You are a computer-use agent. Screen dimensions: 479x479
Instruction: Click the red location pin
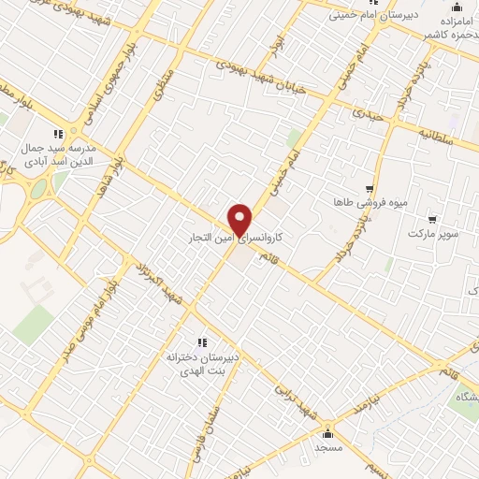tap(240, 219)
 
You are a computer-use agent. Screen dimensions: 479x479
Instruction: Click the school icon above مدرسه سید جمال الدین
tap(58, 133)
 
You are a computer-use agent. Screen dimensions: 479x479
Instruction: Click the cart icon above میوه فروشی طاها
tap(370, 188)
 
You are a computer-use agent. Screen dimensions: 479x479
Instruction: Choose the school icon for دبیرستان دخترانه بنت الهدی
tap(201, 343)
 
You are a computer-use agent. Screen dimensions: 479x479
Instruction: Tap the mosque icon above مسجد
tap(327, 434)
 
